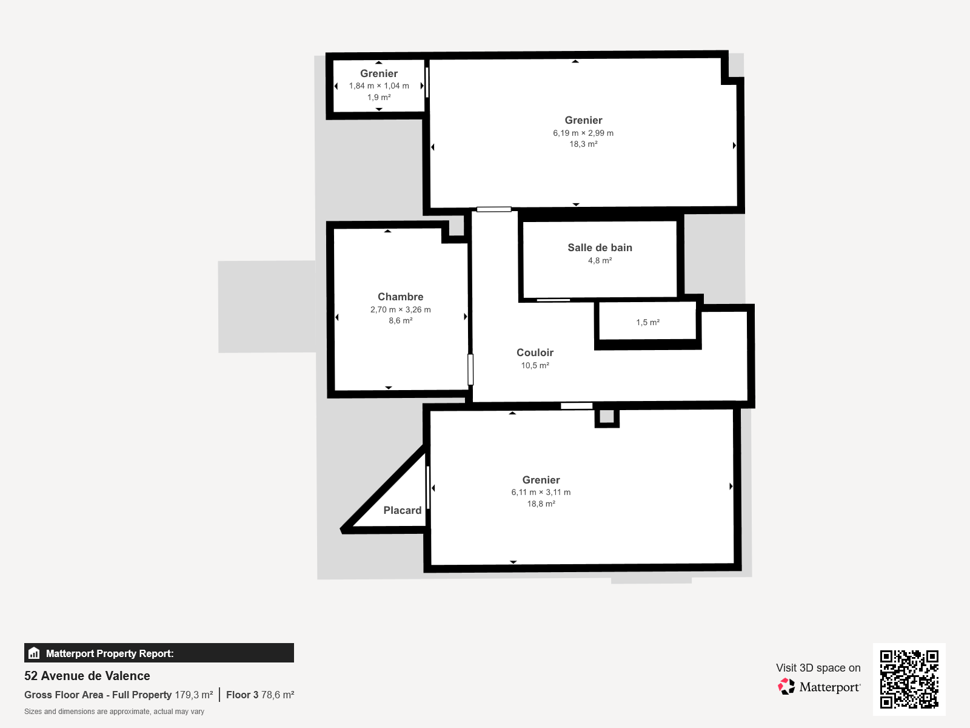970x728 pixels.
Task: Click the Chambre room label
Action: pos(400,297)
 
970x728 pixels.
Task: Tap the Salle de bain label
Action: pos(600,248)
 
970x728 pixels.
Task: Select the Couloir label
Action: pos(535,352)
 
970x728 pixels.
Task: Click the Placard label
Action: pos(402,511)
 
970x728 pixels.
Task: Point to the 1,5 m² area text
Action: pos(647,322)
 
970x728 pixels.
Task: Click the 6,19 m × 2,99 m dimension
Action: pos(583,133)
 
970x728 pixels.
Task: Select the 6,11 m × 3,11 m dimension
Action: pos(541,493)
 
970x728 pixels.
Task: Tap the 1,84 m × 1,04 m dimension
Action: pos(379,86)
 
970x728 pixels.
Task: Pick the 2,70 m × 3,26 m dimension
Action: pos(400,309)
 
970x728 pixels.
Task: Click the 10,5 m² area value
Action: pos(535,365)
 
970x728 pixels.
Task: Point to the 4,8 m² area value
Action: pos(600,260)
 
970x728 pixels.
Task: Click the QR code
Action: pos(909,679)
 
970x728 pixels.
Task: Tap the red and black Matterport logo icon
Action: pos(786,687)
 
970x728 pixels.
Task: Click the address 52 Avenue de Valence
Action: pos(87,676)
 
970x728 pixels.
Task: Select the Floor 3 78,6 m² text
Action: pos(260,695)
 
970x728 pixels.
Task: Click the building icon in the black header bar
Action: pos(34,653)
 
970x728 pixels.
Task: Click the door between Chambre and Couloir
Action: pos(470,369)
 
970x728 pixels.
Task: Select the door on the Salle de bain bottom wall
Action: pos(554,300)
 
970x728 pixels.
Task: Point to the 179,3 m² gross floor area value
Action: pos(193,695)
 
